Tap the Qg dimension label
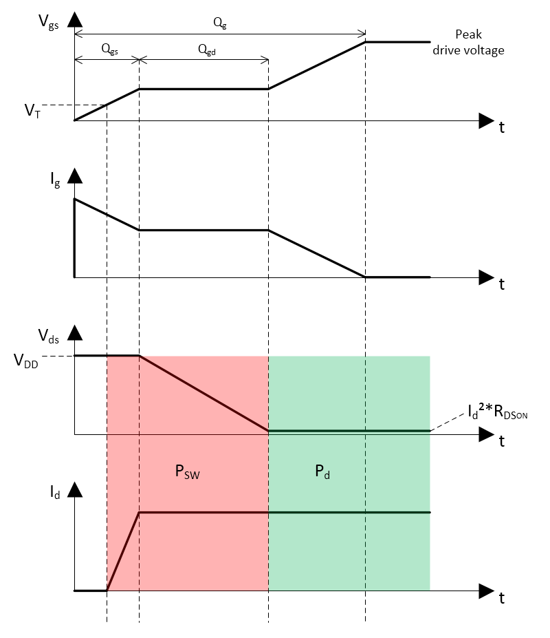click(x=219, y=23)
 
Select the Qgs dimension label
click(x=109, y=49)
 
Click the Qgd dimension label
click(x=206, y=49)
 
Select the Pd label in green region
click(x=322, y=474)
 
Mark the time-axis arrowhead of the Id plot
click(x=485, y=591)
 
